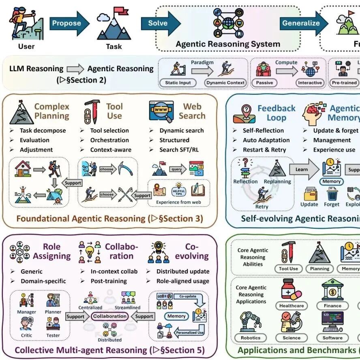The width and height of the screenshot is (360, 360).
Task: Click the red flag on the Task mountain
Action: (x=119, y=11)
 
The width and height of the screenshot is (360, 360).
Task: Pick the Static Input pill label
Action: (x=178, y=83)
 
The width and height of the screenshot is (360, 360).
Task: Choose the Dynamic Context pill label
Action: (x=225, y=83)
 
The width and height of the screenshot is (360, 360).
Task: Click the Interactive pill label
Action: (x=310, y=83)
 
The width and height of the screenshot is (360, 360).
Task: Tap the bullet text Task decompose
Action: (x=43, y=130)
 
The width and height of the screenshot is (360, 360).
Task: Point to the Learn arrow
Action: (x=302, y=170)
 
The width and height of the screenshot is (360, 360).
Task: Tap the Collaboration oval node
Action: (x=109, y=316)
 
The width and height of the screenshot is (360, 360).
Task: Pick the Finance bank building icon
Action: (x=332, y=289)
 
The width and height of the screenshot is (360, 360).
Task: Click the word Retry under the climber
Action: (x=262, y=207)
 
